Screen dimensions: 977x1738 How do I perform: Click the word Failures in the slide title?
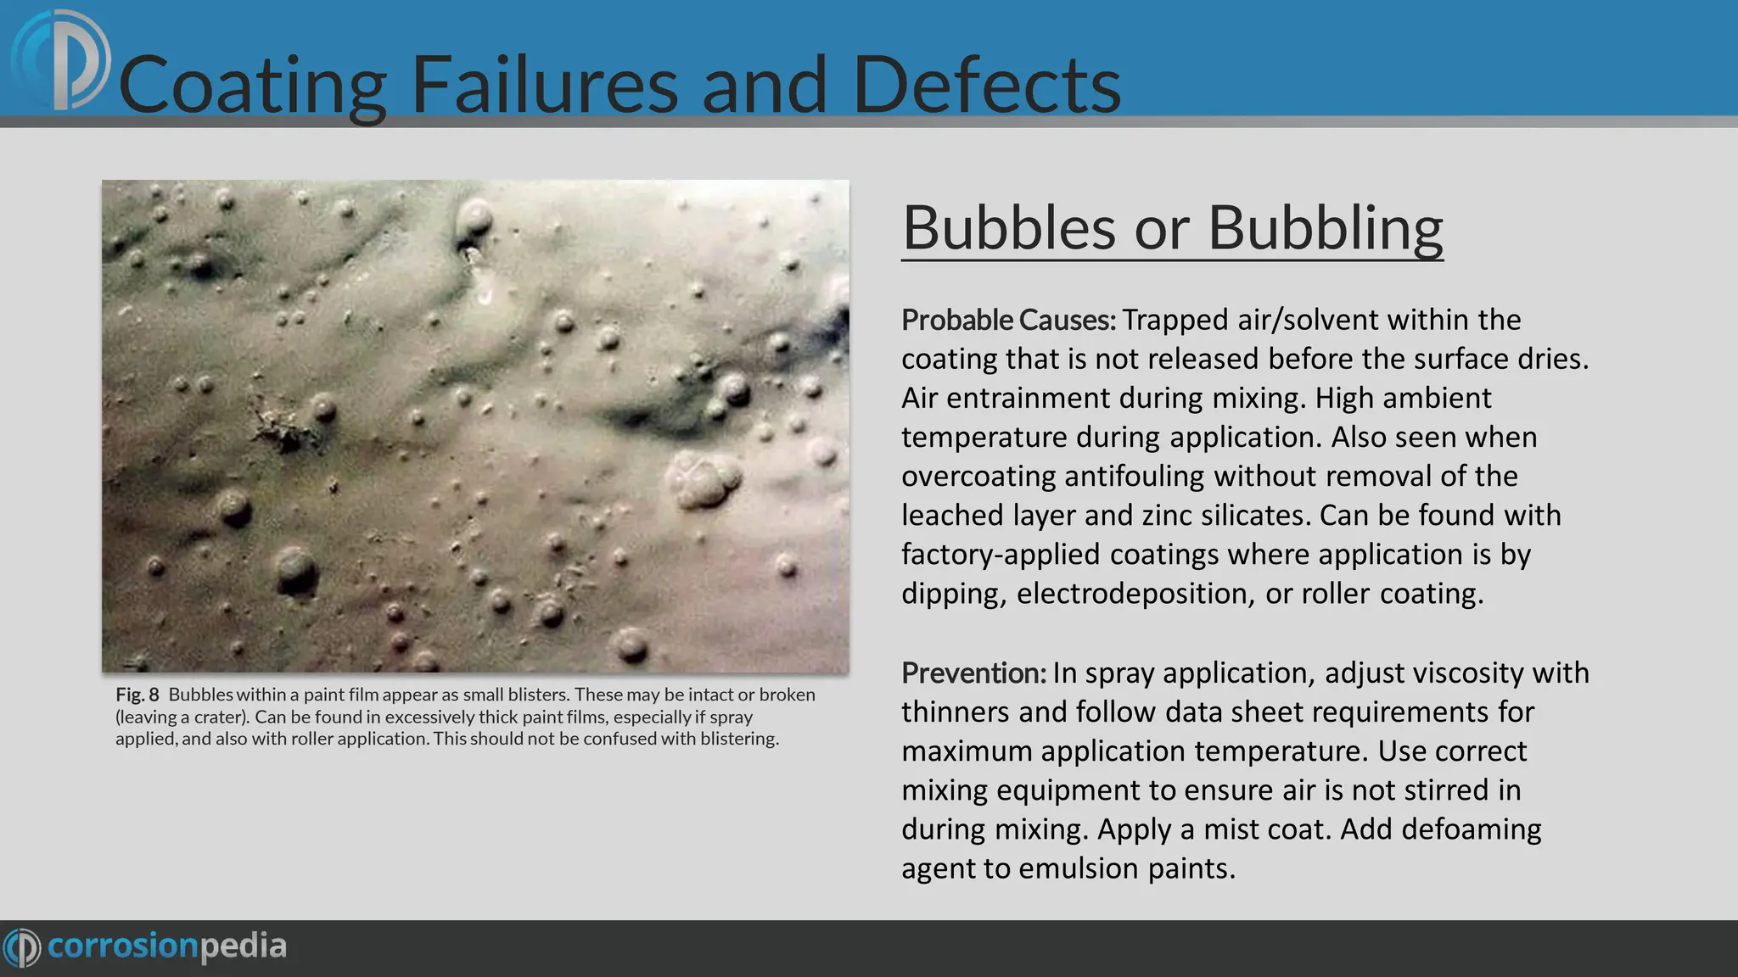click(x=544, y=84)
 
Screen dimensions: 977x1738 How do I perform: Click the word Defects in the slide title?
click(x=986, y=84)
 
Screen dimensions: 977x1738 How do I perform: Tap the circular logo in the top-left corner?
click(x=61, y=61)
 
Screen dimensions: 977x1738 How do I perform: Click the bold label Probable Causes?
click(x=1008, y=320)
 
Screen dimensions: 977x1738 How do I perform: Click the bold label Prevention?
click(x=973, y=673)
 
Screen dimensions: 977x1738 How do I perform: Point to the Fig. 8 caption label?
click(x=137, y=695)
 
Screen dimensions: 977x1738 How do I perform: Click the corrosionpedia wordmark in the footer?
click(x=166, y=946)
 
